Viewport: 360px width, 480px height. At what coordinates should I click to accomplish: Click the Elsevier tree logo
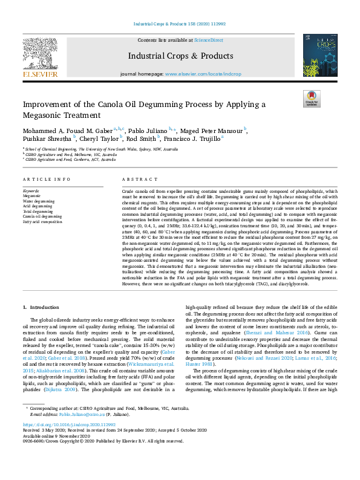click(x=40, y=56)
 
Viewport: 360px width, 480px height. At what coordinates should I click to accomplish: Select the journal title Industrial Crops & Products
click(x=180, y=56)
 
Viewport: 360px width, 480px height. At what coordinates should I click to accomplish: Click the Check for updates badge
click(x=312, y=99)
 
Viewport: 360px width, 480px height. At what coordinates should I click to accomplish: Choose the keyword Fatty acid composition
click(x=42, y=222)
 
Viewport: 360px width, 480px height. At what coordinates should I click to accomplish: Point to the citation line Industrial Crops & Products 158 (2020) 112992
click(x=180, y=24)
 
